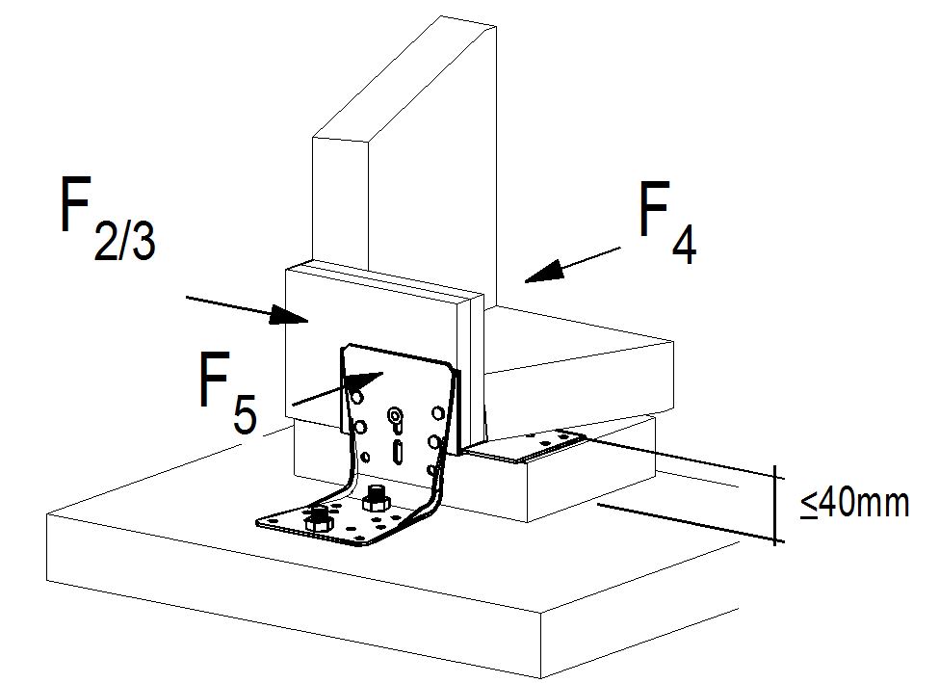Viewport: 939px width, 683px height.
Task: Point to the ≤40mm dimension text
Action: (x=854, y=502)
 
